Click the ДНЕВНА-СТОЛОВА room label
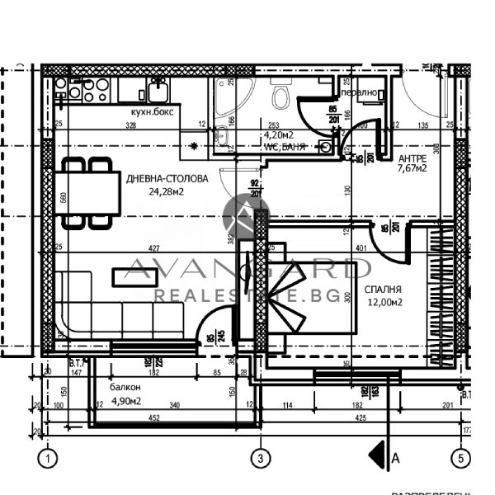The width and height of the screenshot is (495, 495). tap(162, 178)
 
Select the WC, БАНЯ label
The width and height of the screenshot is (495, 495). tap(285, 146)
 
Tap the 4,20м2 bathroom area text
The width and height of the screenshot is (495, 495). tap(277, 134)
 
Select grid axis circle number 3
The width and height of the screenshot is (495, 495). tap(260, 457)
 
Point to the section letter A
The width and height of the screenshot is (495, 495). tap(397, 456)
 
